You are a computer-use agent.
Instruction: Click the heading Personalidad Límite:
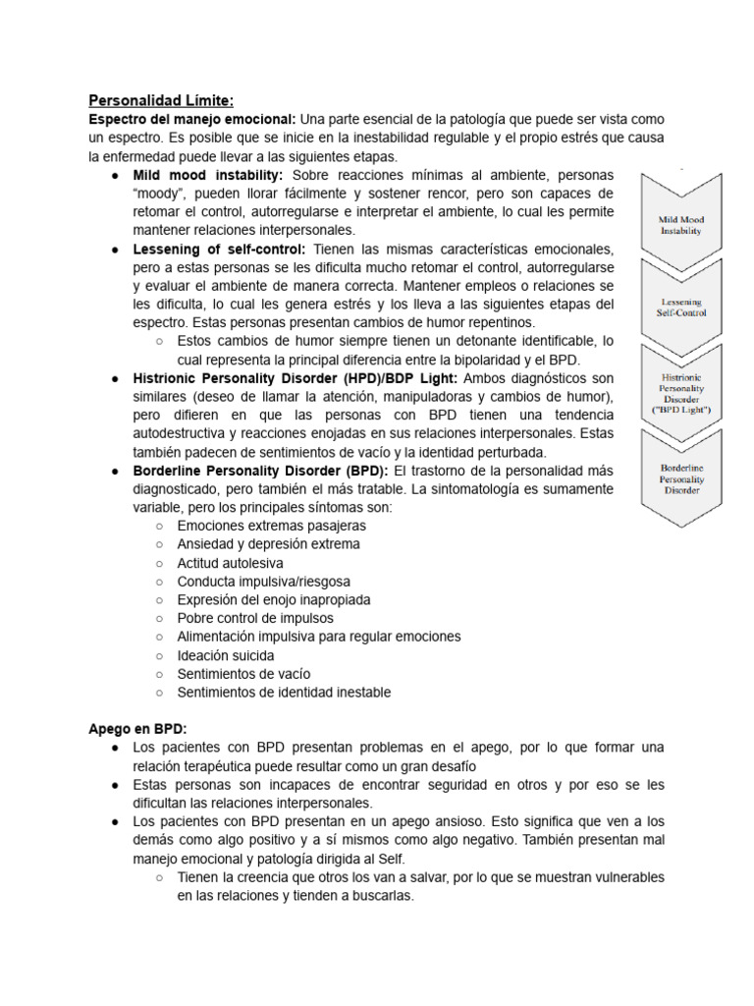pos(161,100)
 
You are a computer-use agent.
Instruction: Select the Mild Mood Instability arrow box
pos(682,217)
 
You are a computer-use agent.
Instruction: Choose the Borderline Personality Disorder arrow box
pos(682,476)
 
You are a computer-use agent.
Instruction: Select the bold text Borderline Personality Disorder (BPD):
pos(261,471)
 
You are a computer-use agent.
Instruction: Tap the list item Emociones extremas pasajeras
pos(272,526)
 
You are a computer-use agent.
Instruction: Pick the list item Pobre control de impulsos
pos(255,618)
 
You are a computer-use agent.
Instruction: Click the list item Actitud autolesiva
pos(230,563)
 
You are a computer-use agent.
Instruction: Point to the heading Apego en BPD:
pos(136,729)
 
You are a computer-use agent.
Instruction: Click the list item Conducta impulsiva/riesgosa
pos(263,582)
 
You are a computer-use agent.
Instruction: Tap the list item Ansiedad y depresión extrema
pos(268,544)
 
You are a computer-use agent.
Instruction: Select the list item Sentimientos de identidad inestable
pos(284,693)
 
